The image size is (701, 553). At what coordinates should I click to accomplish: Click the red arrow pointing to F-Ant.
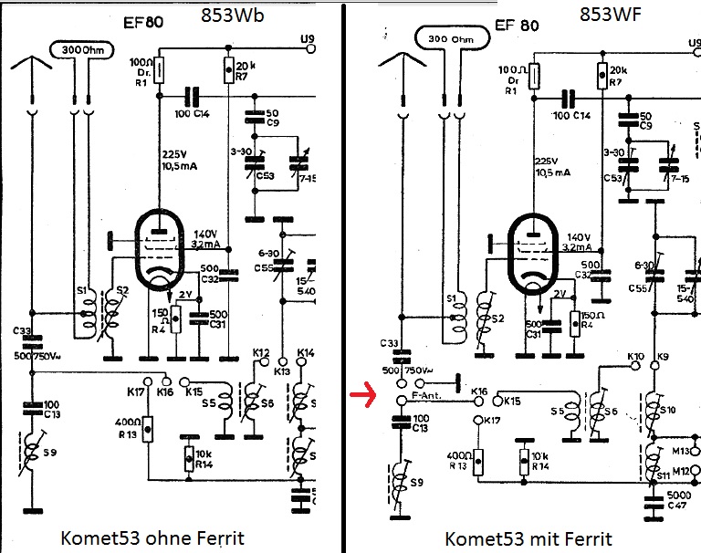pyautogui.click(x=364, y=395)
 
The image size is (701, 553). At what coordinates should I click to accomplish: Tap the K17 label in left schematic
pyautogui.click(x=137, y=391)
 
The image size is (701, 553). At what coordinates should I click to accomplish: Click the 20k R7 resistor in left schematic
pyautogui.click(x=228, y=68)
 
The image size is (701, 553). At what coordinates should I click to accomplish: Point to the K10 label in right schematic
pyautogui.click(x=635, y=357)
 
